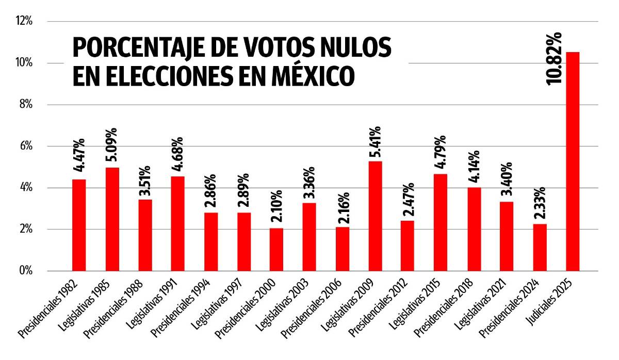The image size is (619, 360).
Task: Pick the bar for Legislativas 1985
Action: [112, 219]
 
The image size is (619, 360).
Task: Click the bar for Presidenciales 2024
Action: [540, 247]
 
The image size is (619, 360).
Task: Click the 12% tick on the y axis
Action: [24, 22]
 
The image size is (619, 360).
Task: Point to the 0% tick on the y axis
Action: [26, 271]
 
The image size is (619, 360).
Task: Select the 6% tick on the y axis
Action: [26, 146]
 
